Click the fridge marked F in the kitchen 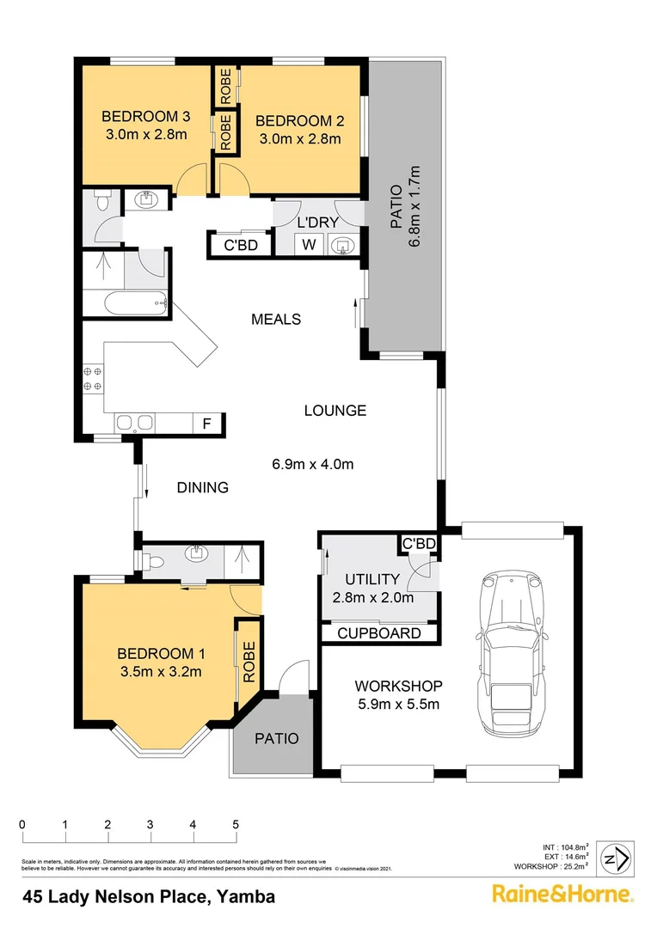click(206, 423)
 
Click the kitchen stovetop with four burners click(93, 379)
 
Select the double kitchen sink click(135, 423)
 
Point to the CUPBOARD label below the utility click(378, 633)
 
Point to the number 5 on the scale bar click(236, 825)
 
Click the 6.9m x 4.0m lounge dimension click(313, 465)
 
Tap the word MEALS click(276, 319)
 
